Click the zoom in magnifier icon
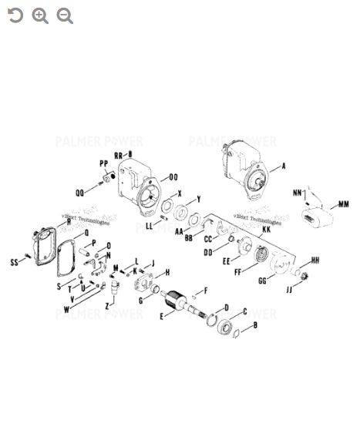(x=40, y=15)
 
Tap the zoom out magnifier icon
(x=65, y=15)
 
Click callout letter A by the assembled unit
(x=283, y=165)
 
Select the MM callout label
(x=343, y=205)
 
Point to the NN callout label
(x=298, y=192)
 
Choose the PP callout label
(x=103, y=163)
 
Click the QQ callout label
(x=79, y=193)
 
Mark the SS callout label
(x=14, y=263)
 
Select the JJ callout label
(x=289, y=290)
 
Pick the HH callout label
(x=315, y=260)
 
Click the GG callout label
(x=262, y=281)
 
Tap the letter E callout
(x=161, y=317)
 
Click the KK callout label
(x=266, y=230)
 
